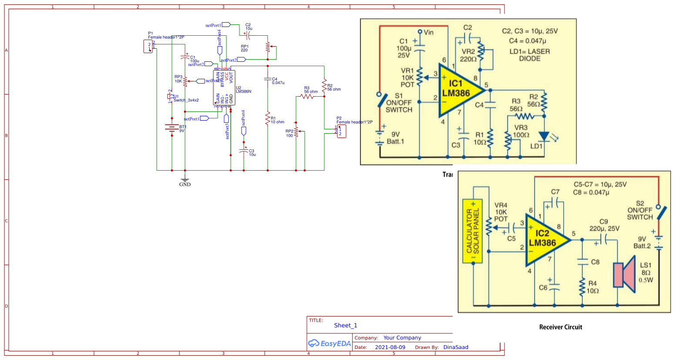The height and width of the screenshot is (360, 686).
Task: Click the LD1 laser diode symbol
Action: coord(544,137)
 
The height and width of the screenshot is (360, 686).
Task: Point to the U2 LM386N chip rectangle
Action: coord(224,87)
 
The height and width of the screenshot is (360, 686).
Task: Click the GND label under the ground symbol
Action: coord(185,185)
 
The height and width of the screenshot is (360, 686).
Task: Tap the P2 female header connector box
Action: coord(341,131)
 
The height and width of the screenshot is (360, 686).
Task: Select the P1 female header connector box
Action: coord(148,47)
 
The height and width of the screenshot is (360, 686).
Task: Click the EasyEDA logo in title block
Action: coord(329,343)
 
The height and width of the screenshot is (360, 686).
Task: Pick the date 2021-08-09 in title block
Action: coord(390,347)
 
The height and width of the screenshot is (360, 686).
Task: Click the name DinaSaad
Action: coord(455,347)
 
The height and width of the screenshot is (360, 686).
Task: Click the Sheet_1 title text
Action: coord(345,326)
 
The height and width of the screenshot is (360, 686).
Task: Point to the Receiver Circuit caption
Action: coord(560,327)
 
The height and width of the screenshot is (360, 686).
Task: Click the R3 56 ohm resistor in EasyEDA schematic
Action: coord(307,97)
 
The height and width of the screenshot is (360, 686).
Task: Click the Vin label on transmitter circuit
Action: coord(428,33)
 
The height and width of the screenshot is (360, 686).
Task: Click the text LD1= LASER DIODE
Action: coord(529,55)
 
